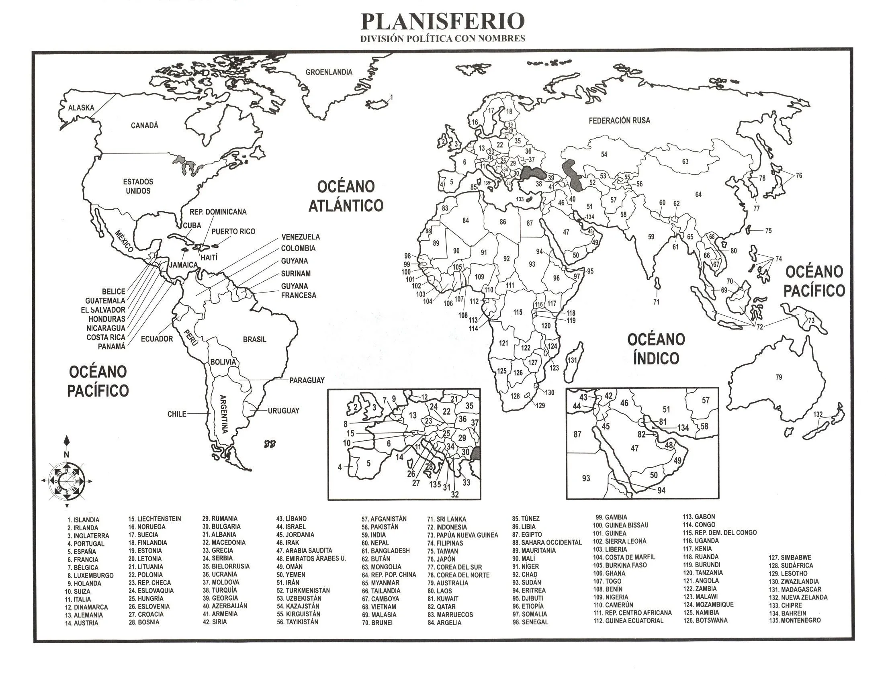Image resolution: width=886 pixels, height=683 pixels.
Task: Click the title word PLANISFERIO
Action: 442,22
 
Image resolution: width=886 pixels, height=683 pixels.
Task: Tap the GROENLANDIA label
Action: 329,72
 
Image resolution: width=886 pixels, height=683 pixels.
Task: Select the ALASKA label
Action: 81,108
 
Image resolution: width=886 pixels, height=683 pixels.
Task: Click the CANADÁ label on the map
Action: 144,125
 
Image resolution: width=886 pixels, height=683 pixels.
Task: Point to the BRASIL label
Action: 254,339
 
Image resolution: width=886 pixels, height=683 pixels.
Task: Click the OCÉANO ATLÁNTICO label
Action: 346,196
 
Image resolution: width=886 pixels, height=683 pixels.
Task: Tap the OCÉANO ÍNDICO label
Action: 656,349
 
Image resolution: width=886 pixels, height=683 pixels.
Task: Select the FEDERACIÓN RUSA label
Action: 619,121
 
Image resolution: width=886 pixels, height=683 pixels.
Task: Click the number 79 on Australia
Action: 778,377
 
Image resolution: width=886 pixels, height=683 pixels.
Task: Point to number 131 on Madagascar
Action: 572,360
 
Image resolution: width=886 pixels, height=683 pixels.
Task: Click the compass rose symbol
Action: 67,481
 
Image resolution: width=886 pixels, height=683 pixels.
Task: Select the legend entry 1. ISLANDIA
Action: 83,520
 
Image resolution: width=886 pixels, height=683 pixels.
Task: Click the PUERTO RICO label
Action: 233,231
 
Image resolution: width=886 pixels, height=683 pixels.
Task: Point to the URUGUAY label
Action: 283,411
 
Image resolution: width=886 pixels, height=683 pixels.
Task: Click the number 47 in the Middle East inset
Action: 634,448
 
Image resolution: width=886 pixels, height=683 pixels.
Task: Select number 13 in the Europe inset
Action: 413,415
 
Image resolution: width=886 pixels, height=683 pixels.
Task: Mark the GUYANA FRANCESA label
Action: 298,291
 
